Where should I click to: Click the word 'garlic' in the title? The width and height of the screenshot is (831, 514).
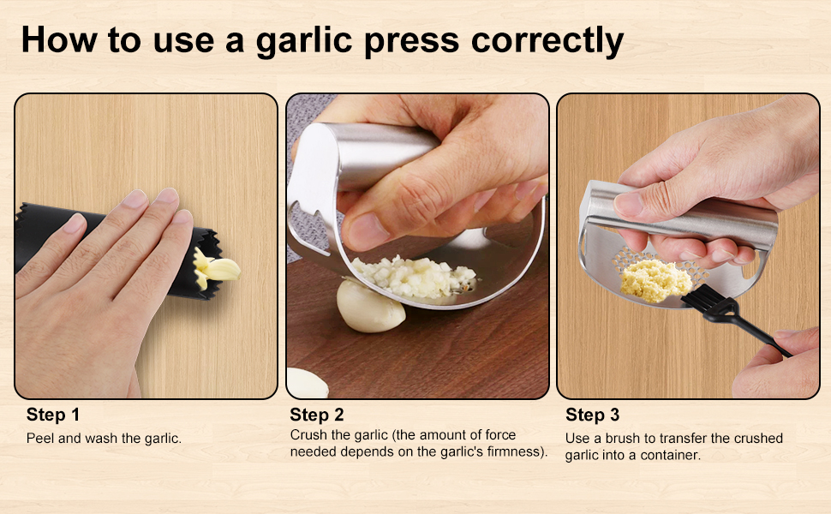[x=303, y=41]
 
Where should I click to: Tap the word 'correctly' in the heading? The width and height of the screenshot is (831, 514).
[x=547, y=41]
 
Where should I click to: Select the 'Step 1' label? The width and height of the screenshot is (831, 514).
[x=53, y=415]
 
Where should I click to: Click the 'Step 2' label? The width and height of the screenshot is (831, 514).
[x=316, y=415]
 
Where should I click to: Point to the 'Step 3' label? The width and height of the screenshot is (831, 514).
[x=592, y=415]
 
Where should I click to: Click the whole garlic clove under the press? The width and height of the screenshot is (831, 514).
[x=370, y=308]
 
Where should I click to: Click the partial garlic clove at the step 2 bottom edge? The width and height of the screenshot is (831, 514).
[x=308, y=384]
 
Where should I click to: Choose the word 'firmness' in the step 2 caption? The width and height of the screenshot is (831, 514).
[x=514, y=452]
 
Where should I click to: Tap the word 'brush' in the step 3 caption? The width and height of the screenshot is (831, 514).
[x=623, y=439]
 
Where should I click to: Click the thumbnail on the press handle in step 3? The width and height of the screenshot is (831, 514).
[x=629, y=204]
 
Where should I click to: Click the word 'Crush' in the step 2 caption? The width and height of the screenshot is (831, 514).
[x=308, y=435]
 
